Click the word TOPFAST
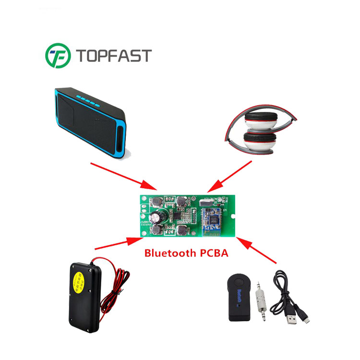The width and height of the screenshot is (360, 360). pyautogui.click(x=112, y=56)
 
